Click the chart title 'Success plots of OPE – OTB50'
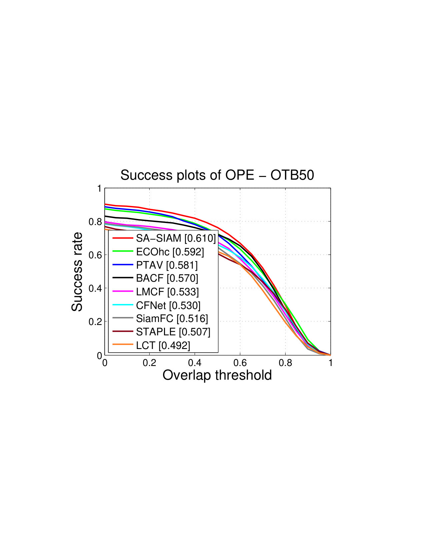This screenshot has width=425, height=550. tap(217, 175)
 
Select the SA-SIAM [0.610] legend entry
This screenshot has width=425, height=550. tap(164, 238)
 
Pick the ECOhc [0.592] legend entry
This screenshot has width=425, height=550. tap(158, 252)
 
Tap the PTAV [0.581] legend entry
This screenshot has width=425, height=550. tap(155, 265)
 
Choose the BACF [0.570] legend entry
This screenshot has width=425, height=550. tap(155, 278)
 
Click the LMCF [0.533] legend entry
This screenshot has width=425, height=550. tap(156, 292)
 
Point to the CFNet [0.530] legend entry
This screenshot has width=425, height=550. tap(156, 305)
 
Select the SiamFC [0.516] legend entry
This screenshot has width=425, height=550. tap(160, 318)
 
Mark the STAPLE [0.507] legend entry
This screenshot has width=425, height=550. tap(161, 332)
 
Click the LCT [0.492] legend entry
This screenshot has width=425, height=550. tap(151, 345)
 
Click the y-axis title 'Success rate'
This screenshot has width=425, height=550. tap(77, 272)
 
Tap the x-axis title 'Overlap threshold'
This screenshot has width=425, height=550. tap(217, 375)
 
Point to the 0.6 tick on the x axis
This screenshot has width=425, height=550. tap(240, 363)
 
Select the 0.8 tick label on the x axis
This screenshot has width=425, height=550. tap(285, 363)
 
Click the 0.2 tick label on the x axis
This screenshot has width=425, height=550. tap(149, 363)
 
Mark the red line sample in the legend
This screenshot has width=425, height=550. tap(123, 238)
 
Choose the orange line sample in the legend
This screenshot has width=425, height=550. tap(123, 344)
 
